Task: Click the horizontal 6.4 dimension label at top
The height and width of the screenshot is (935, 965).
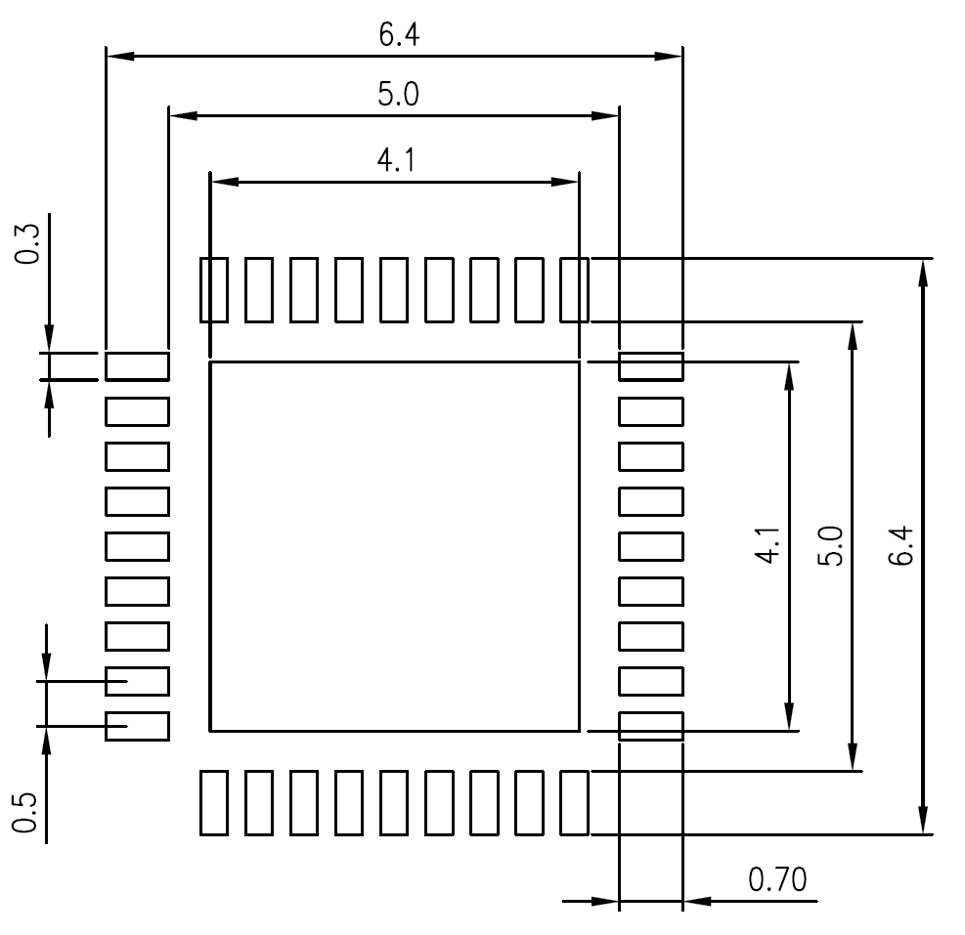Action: (x=399, y=34)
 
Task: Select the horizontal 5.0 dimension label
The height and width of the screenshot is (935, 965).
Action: (x=398, y=94)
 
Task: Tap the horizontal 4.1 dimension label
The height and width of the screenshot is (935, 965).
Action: (x=396, y=160)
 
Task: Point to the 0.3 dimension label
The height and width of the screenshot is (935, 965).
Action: (x=27, y=244)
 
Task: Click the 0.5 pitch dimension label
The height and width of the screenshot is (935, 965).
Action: (x=25, y=813)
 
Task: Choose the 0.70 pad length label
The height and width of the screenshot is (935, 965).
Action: (x=777, y=879)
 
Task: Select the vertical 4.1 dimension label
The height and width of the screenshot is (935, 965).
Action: (x=768, y=545)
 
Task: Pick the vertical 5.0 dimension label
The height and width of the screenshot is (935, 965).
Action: (x=830, y=545)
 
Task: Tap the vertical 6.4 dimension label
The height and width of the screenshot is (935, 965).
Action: (x=901, y=545)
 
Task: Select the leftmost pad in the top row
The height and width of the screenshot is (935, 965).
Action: (x=214, y=290)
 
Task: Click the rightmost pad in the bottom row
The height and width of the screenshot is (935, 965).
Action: (x=574, y=803)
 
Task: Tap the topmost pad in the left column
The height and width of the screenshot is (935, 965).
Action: (x=137, y=366)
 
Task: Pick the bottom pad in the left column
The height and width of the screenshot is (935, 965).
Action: (x=137, y=726)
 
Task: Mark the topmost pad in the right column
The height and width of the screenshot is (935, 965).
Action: (x=651, y=366)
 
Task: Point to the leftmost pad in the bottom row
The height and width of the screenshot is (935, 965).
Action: (x=214, y=803)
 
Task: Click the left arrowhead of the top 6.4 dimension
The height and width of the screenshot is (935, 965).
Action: (x=120, y=56)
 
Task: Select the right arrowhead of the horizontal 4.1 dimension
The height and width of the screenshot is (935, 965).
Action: (x=564, y=182)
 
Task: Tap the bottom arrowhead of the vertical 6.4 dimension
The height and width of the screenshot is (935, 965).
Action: (x=923, y=821)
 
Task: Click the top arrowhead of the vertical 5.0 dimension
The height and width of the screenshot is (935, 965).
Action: (x=853, y=336)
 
